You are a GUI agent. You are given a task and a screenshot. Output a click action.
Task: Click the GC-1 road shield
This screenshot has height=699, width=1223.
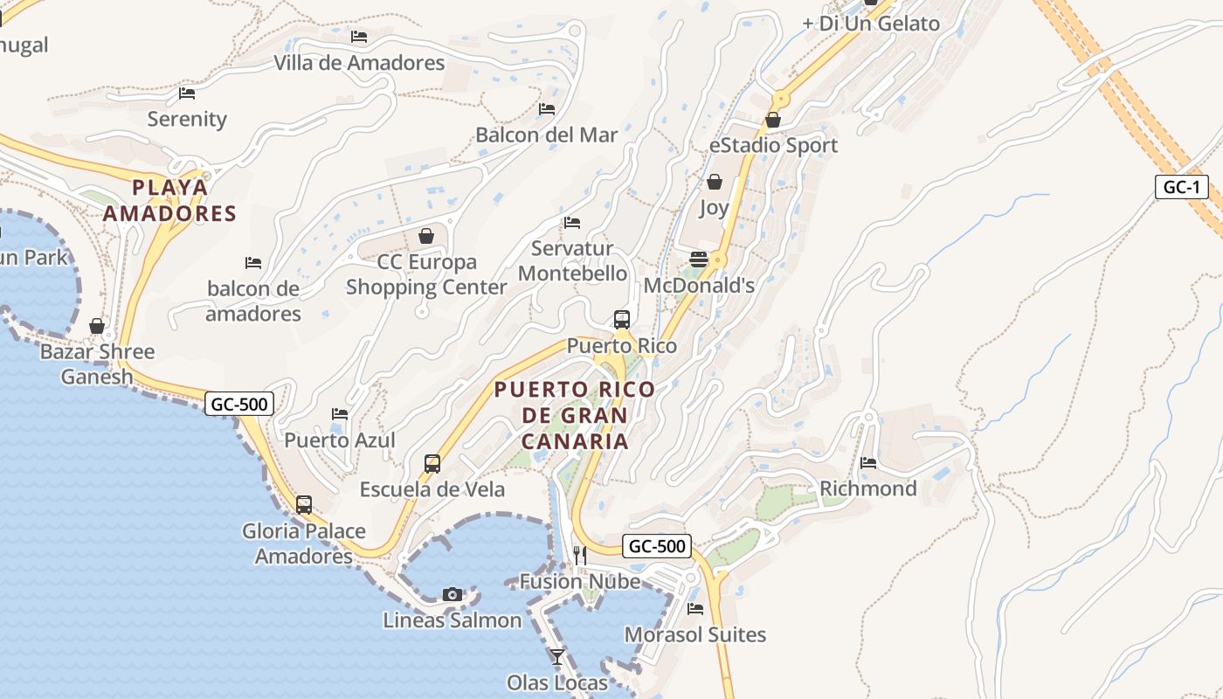(x=1182, y=187)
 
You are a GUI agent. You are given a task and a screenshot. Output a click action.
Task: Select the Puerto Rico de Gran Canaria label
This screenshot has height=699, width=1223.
(x=575, y=415)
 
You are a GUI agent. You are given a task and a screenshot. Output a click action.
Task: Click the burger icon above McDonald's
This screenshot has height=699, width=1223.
(x=699, y=259)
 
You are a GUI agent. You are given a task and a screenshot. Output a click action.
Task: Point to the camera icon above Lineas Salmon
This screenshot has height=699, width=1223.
(x=452, y=594)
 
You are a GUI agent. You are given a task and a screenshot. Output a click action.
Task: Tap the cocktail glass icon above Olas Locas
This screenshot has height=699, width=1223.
(x=557, y=656)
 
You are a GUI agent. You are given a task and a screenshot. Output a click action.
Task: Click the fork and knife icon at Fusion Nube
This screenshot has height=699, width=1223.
(x=579, y=554)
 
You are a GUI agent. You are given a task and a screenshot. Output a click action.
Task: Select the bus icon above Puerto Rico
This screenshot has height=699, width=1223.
(x=622, y=320)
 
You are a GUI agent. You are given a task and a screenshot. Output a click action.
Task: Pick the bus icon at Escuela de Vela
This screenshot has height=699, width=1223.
(x=432, y=463)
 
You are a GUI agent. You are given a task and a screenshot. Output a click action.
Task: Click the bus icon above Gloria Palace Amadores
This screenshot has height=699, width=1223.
(x=304, y=504)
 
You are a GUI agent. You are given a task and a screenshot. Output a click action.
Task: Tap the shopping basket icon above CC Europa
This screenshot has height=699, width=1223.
(x=426, y=236)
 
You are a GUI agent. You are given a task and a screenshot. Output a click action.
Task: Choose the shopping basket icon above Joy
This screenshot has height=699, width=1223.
(x=715, y=182)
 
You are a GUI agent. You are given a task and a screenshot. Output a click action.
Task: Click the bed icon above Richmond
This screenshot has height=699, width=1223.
(x=868, y=462)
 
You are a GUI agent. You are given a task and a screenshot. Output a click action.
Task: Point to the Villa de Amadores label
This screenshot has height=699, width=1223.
(x=359, y=63)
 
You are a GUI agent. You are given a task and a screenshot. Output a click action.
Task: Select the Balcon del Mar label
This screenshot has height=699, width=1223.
(x=546, y=135)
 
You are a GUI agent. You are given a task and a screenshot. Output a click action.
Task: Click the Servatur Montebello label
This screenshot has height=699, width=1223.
(x=573, y=260)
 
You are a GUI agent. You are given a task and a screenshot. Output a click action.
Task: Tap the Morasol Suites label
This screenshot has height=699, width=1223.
(x=695, y=634)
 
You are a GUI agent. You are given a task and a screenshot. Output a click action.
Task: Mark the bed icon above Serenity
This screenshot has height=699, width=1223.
(x=187, y=93)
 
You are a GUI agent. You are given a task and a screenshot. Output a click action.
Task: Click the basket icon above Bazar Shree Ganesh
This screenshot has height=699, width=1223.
(x=97, y=326)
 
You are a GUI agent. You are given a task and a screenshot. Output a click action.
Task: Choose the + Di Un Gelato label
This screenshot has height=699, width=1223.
(x=871, y=24)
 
